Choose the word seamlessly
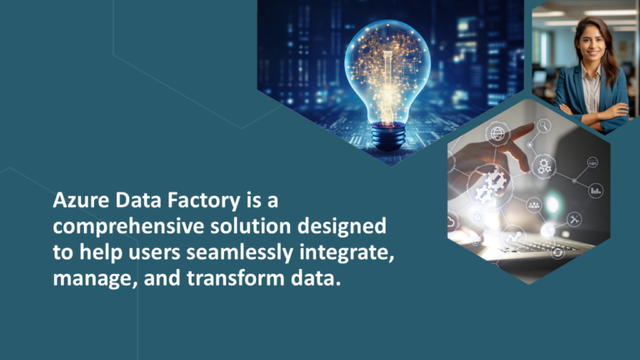point(219,252)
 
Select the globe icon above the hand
point(498,133)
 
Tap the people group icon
point(533,204)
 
